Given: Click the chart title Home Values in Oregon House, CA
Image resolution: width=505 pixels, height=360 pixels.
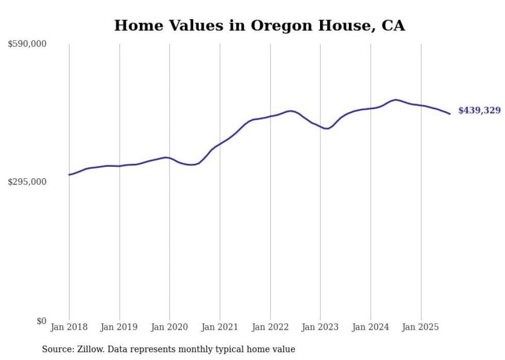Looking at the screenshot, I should point(259,25).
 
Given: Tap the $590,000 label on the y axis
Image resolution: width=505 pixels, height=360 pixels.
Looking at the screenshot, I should point(27,44).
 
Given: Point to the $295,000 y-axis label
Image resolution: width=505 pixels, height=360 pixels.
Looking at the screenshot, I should point(27,182).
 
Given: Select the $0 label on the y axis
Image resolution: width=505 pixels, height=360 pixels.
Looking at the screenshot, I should point(41,321).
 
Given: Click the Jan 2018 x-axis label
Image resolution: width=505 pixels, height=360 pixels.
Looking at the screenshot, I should point(69,327).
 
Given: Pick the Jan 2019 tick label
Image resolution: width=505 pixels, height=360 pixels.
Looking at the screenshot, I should point(119,327).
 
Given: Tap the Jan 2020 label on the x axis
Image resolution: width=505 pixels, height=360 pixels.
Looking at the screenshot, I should point(170,327).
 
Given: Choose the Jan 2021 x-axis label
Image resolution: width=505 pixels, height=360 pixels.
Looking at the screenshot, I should point(220,327).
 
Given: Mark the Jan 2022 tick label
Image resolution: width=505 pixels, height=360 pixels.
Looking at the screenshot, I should point(270,327).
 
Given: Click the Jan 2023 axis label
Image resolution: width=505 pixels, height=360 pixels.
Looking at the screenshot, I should point(321,327).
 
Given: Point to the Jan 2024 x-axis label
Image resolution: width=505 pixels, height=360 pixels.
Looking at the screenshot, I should point(371,327).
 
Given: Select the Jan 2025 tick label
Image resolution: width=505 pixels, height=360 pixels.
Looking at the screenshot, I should point(421,327).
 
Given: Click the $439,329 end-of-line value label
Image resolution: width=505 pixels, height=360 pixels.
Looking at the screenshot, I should point(479,110).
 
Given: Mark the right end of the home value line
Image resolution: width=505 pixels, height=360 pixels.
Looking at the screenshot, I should point(450,114).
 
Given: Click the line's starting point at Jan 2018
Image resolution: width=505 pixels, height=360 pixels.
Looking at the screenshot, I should point(69,175).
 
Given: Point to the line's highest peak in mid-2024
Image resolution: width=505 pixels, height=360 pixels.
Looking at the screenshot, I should point(395,99).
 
